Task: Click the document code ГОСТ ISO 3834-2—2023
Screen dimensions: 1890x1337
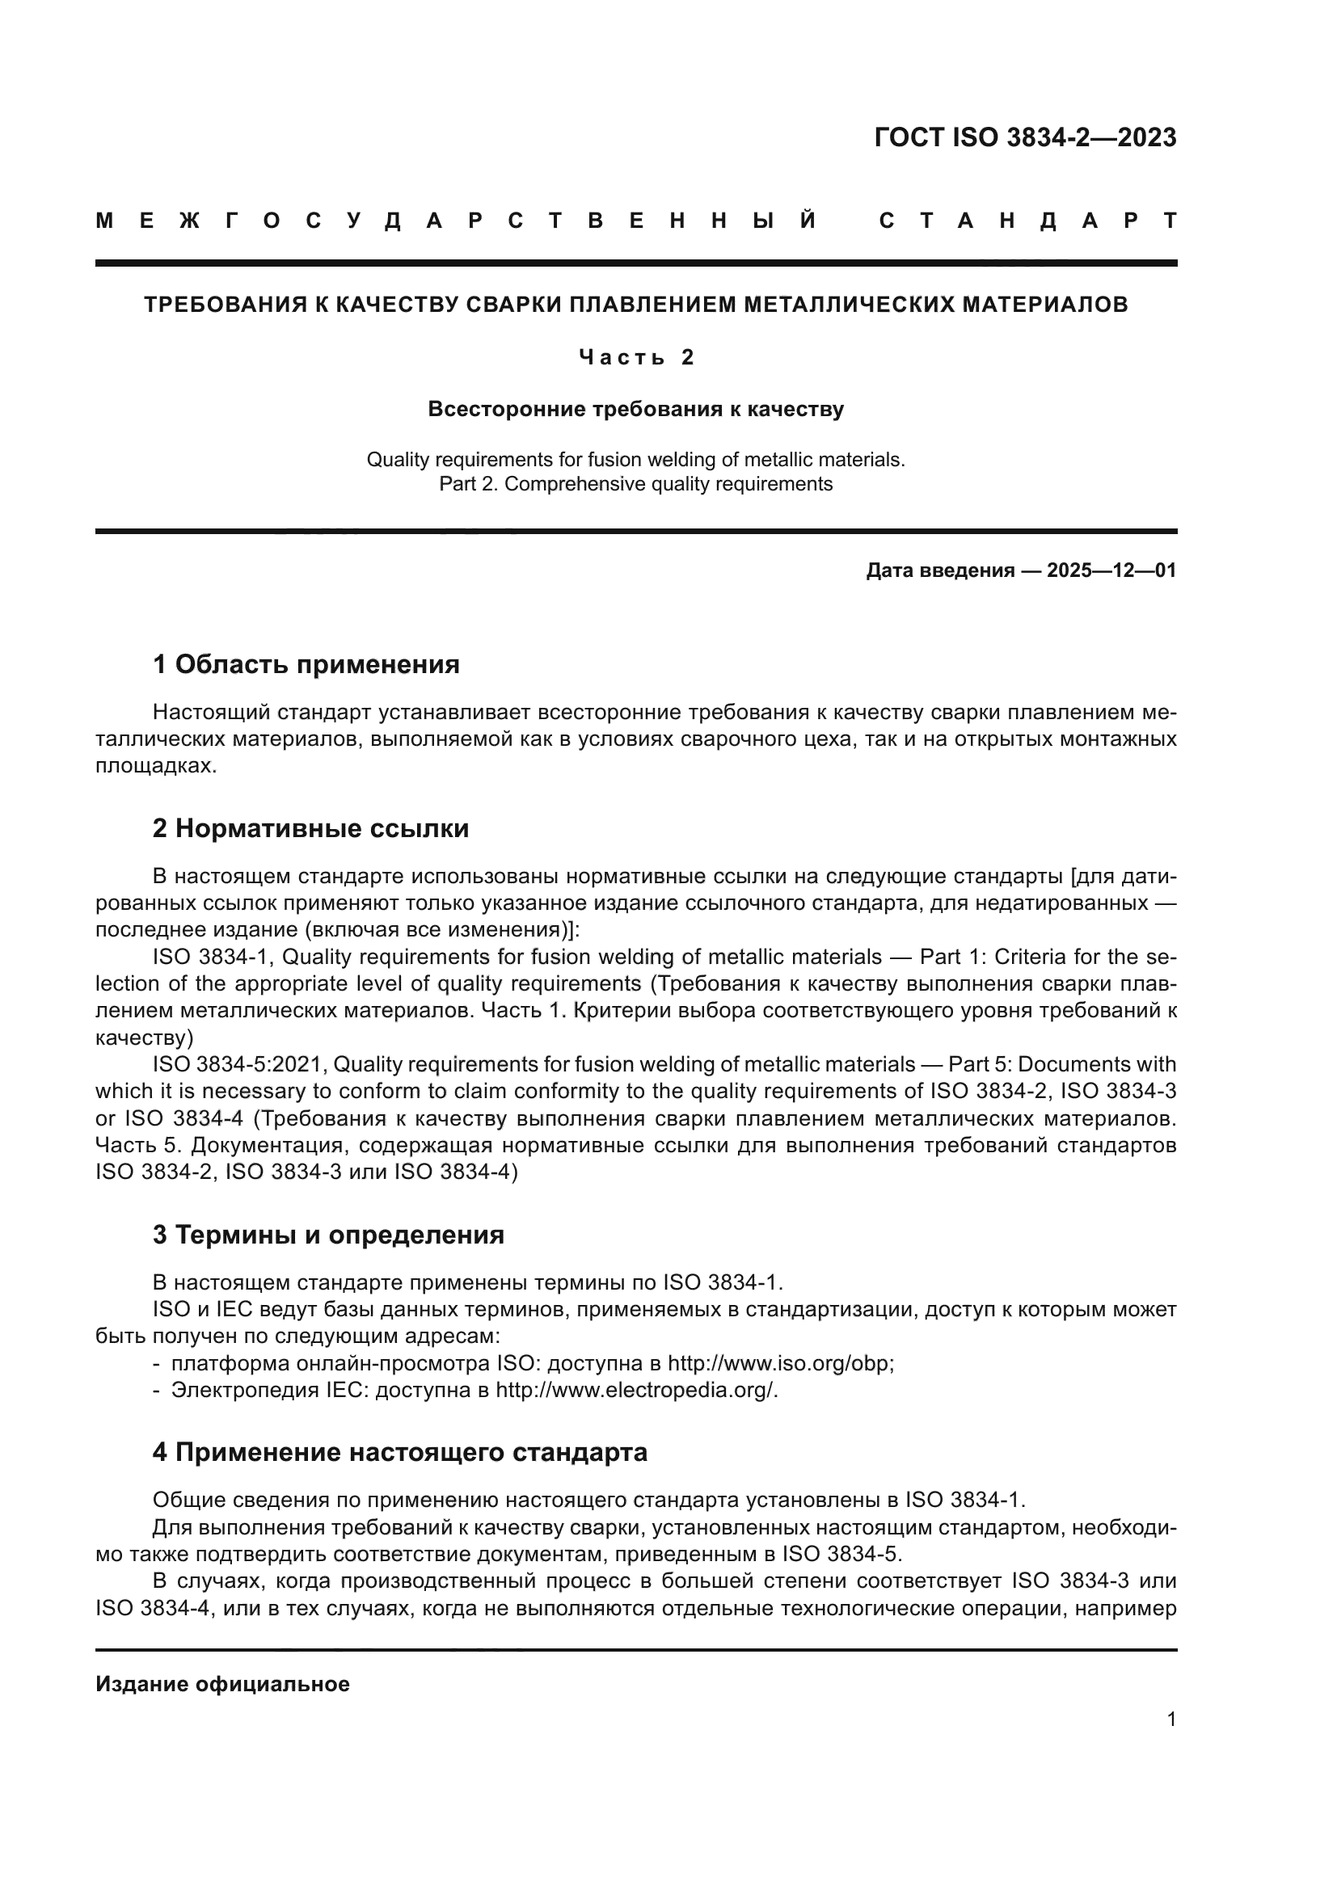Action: click(x=1025, y=137)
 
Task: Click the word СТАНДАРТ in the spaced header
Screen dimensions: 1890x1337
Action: click(x=1027, y=221)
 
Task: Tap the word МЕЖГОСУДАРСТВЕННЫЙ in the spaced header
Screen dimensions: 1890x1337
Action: click(x=456, y=221)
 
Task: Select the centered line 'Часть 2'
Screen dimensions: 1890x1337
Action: click(x=636, y=357)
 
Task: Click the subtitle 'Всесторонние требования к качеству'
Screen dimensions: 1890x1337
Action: click(x=635, y=409)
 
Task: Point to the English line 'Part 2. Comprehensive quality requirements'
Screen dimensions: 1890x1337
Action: click(x=635, y=484)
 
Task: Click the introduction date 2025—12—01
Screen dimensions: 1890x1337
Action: click(x=1111, y=570)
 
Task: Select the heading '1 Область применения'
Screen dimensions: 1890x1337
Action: click(x=306, y=664)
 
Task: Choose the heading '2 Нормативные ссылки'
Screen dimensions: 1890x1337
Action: click(x=310, y=828)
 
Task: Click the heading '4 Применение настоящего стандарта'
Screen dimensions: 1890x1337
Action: click(x=400, y=1452)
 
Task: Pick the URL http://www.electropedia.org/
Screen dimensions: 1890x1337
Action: click(x=635, y=1391)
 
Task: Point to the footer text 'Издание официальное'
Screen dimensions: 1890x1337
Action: click(x=222, y=1684)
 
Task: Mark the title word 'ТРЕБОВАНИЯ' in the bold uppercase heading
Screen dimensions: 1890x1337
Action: click(x=221, y=305)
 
